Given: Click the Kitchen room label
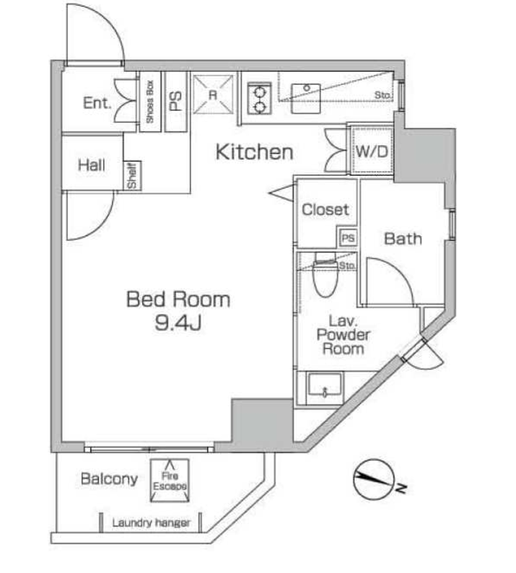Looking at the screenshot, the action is (x=254, y=152).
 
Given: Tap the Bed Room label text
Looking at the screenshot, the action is (x=178, y=299).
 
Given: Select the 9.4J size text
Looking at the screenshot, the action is (x=178, y=323).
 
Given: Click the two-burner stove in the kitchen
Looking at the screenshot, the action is (x=259, y=98).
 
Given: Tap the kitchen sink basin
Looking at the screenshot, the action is (x=306, y=98).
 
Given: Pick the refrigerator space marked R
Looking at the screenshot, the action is (x=213, y=95).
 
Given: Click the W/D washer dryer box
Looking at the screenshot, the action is (x=372, y=150).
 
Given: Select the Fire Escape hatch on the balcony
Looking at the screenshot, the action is (x=170, y=481).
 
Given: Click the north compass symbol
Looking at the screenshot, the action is (x=375, y=479).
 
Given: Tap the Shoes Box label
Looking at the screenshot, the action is (x=149, y=102).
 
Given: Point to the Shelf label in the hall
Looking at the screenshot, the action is (x=132, y=175).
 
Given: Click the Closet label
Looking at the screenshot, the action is (x=325, y=209).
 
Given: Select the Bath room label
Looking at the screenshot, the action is (x=403, y=239).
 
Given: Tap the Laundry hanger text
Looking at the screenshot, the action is (x=151, y=522).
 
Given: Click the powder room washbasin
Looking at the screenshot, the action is (x=325, y=387).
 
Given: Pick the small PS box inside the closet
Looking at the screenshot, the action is (x=348, y=238).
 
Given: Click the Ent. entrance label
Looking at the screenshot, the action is (x=97, y=102).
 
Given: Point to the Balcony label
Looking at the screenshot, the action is (x=109, y=478).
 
